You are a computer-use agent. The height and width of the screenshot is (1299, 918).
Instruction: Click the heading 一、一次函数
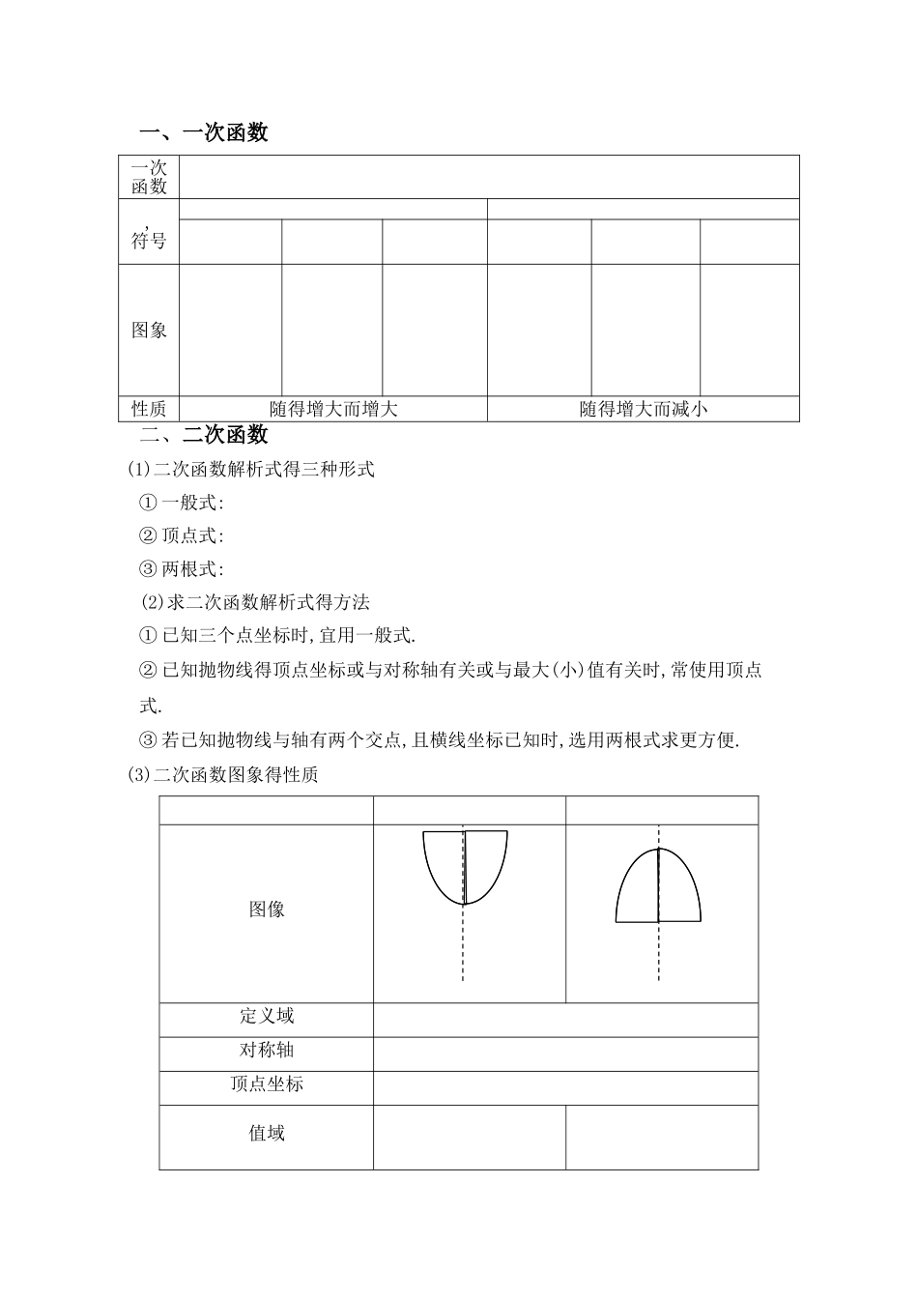point(204,133)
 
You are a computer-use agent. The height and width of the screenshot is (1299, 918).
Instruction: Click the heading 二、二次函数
point(204,435)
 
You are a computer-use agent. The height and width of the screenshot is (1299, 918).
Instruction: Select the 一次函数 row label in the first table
point(149,178)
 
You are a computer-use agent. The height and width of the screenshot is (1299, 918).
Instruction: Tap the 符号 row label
point(149,241)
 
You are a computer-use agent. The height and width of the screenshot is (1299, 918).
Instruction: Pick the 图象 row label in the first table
point(149,330)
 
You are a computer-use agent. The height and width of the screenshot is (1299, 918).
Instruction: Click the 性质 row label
point(149,409)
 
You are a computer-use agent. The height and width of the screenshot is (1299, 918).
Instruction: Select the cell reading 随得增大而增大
point(333,409)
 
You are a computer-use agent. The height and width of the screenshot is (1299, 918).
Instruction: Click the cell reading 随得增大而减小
point(644,409)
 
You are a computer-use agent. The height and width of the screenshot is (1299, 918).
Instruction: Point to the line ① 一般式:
point(182,503)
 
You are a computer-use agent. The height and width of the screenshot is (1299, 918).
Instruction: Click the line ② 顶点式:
point(182,535)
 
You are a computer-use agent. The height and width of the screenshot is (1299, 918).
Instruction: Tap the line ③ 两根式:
point(182,568)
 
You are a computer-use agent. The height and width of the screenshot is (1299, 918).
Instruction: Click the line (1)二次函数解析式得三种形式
point(251,470)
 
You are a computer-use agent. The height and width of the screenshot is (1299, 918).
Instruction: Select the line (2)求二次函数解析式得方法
point(255,602)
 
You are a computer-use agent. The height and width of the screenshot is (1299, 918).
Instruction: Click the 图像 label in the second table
point(267,909)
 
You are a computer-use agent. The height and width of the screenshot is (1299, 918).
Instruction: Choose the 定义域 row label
point(267,1016)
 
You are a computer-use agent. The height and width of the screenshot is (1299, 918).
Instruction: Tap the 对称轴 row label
point(267,1050)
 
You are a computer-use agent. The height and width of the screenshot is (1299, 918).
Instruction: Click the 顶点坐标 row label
point(267,1083)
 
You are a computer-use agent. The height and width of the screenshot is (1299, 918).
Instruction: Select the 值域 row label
point(267,1133)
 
